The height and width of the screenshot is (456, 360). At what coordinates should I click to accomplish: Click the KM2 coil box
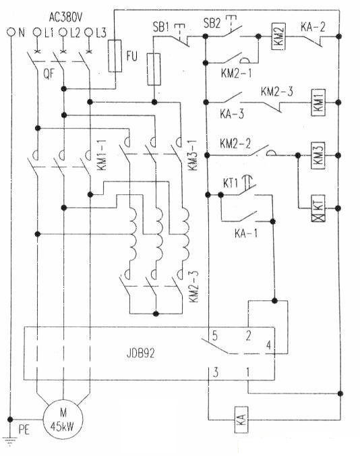(278, 36)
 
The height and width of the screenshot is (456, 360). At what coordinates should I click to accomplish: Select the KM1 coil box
(318, 103)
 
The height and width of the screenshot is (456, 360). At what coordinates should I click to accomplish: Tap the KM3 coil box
(318, 155)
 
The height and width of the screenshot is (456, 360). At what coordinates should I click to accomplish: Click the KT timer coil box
(318, 208)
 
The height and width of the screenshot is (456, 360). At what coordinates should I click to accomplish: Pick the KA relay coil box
(242, 420)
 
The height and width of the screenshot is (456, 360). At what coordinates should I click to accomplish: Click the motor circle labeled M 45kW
(63, 420)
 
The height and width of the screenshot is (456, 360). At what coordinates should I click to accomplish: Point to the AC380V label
(65, 18)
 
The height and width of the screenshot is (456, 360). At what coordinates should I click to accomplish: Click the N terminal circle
(11, 32)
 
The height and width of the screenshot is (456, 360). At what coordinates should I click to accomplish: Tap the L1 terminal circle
(37, 32)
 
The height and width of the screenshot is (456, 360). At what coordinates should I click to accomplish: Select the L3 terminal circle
(88, 32)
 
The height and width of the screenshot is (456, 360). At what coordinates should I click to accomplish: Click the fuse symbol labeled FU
(115, 56)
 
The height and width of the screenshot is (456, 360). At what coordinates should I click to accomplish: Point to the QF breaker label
(49, 74)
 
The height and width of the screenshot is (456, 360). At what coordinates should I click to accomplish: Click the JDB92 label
(141, 353)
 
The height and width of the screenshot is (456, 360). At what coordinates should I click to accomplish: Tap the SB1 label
(160, 27)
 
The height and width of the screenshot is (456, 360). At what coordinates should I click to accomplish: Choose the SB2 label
(212, 23)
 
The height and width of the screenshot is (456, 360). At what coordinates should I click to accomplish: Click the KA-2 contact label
(313, 27)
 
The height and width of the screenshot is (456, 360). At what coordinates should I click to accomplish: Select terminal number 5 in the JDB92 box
(215, 336)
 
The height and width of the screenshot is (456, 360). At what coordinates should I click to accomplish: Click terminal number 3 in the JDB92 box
(215, 372)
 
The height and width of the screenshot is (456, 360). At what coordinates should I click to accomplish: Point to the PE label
(24, 430)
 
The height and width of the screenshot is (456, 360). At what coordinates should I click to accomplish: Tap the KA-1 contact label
(246, 233)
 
